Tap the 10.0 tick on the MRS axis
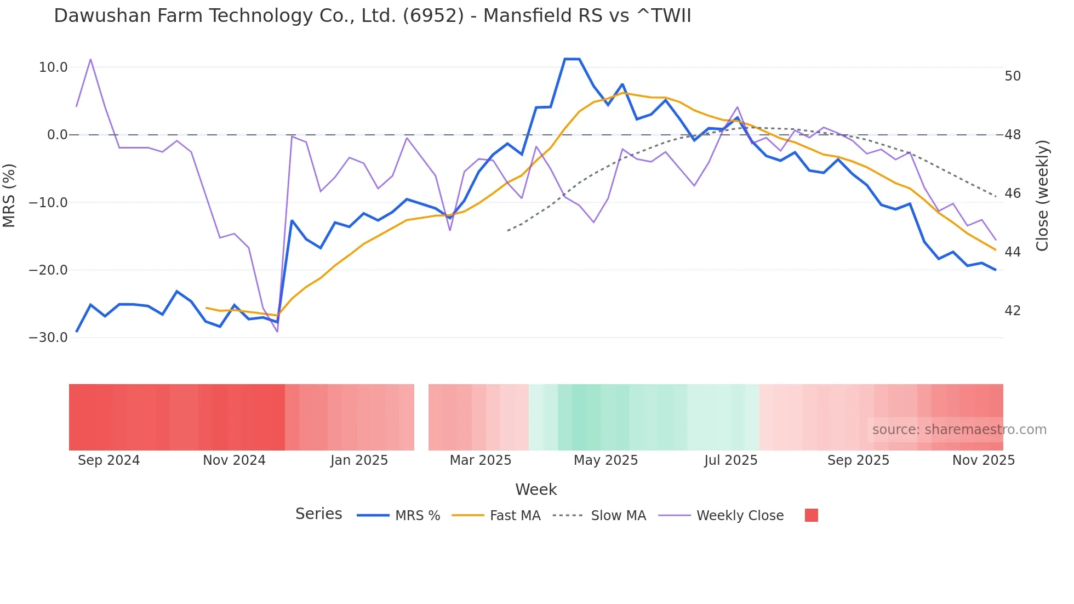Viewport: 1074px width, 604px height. pos(53,67)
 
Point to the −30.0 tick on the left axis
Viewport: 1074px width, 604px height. pos(48,338)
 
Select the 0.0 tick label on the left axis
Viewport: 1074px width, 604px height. pos(58,135)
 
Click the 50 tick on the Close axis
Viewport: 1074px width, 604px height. pos(1013,76)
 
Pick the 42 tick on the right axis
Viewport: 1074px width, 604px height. pos(1013,311)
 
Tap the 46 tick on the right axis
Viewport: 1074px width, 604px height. pos(1013,193)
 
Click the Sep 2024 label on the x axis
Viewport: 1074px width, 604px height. pos(108,460)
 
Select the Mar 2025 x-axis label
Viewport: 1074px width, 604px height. pos(480,460)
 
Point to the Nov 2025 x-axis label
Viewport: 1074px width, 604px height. pos(983,460)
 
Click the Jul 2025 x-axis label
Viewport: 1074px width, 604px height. pos(730,460)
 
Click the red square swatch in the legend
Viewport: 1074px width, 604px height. pos(811,515)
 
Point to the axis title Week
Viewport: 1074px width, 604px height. pos(536,489)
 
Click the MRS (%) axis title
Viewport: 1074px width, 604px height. pos(9,195)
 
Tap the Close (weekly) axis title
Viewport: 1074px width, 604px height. pos(1042,196)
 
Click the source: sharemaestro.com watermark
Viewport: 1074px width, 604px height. pos(959,430)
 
